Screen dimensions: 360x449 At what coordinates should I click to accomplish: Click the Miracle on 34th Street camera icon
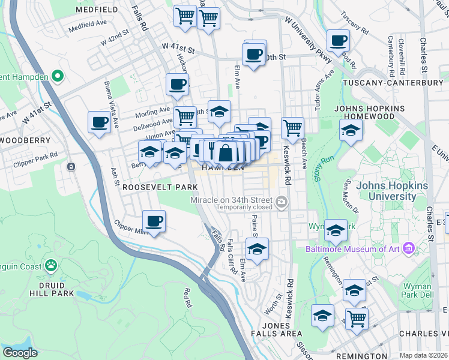click(283, 200)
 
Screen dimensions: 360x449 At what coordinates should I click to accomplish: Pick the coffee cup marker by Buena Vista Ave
click(100, 122)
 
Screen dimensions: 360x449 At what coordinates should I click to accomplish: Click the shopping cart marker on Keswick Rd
click(292, 127)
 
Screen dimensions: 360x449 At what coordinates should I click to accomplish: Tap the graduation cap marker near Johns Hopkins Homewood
click(351, 130)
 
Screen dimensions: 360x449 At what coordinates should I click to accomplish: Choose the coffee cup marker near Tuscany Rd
click(339, 41)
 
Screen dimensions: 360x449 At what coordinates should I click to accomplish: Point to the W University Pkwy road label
click(307, 35)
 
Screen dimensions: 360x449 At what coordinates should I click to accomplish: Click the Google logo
click(20, 353)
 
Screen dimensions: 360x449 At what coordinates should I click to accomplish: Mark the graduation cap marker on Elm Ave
click(257, 248)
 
